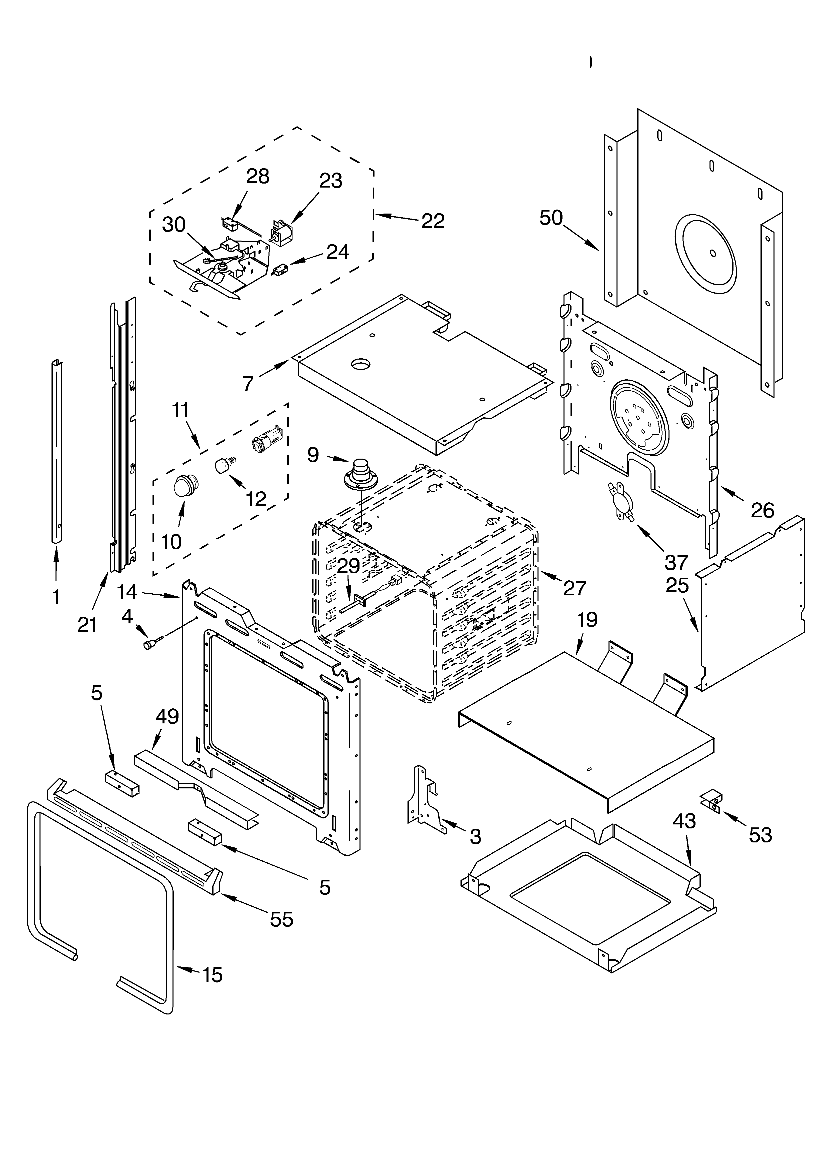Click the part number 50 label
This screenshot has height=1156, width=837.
tap(551, 218)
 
